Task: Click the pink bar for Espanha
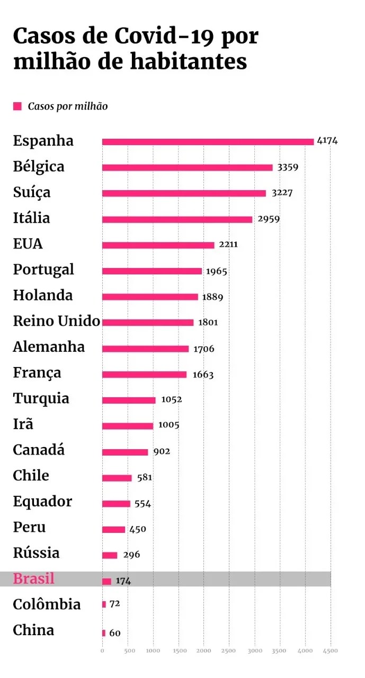(208, 141)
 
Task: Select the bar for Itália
(177, 219)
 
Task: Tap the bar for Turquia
(129, 400)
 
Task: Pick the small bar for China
(104, 633)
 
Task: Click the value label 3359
(288, 167)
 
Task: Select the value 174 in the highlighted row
(123, 581)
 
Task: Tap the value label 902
(162, 452)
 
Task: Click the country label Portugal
(43, 270)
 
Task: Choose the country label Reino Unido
(56, 321)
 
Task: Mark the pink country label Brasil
(33, 578)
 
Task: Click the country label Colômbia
(47, 604)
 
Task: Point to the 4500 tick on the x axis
(331, 650)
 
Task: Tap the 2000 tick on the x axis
(204, 650)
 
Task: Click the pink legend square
(17, 106)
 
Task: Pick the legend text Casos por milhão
(68, 106)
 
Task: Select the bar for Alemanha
(145, 349)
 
